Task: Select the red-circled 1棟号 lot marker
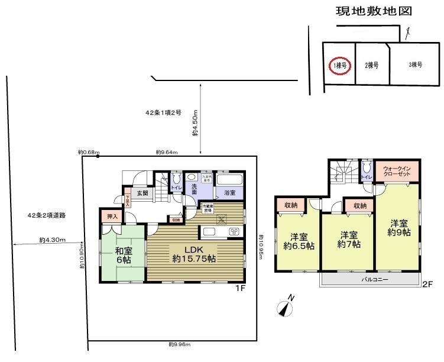point(340,65)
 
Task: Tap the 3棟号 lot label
point(415,65)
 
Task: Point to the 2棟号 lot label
point(371,65)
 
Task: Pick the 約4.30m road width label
point(52,240)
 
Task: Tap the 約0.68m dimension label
point(89,152)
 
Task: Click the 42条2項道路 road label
point(46,215)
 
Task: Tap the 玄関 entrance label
point(142,193)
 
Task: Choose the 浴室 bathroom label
point(229,193)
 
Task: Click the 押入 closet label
point(111,217)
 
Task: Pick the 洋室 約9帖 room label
point(399,228)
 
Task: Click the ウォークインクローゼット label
point(397,172)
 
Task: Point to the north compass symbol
point(286,307)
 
